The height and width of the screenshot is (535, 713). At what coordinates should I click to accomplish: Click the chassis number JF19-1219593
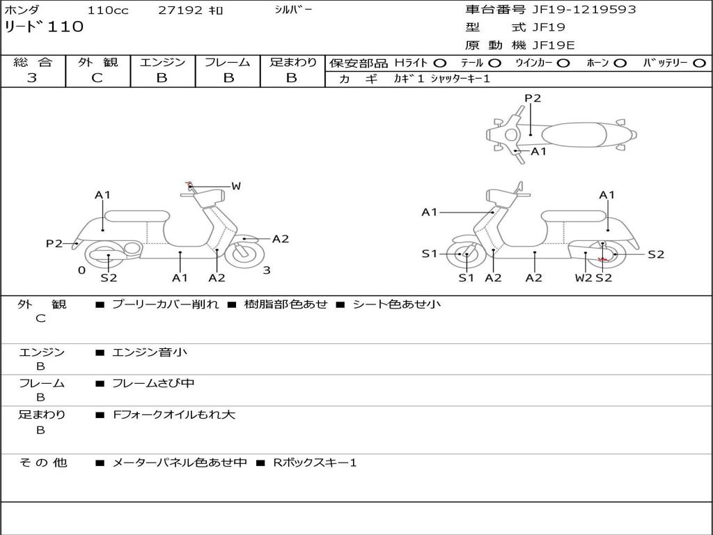[584, 9]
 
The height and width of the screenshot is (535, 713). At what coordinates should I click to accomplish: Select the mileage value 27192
[180, 10]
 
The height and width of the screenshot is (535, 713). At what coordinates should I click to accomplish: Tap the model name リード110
[44, 26]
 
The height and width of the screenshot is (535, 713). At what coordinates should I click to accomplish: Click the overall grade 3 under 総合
[32, 77]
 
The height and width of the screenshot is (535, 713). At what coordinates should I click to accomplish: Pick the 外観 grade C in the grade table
[97, 77]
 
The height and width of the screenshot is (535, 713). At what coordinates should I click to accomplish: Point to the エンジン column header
[162, 62]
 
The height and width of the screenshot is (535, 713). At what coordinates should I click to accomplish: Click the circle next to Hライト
[439, 63]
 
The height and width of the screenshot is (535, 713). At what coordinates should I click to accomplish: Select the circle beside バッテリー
[699, 63]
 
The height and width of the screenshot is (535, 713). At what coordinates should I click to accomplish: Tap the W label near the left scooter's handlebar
[236, 185]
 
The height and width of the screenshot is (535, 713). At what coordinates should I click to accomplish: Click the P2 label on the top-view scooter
[533, 98]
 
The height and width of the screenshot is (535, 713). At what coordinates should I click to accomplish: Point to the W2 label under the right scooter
[583, 277]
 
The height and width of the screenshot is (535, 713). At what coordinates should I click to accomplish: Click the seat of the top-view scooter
[574, 135]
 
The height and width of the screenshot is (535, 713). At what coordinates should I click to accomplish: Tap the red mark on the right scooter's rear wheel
[603, 260]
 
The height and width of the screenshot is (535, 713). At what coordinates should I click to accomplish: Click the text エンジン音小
[149, 352]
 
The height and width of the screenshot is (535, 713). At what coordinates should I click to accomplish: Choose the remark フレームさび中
[153, 383]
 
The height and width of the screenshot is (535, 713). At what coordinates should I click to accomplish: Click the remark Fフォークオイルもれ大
[173, 414]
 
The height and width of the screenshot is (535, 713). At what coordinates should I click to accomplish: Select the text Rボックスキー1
[315, 463]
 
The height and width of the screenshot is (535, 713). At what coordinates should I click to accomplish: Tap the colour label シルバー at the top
[293, 10]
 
